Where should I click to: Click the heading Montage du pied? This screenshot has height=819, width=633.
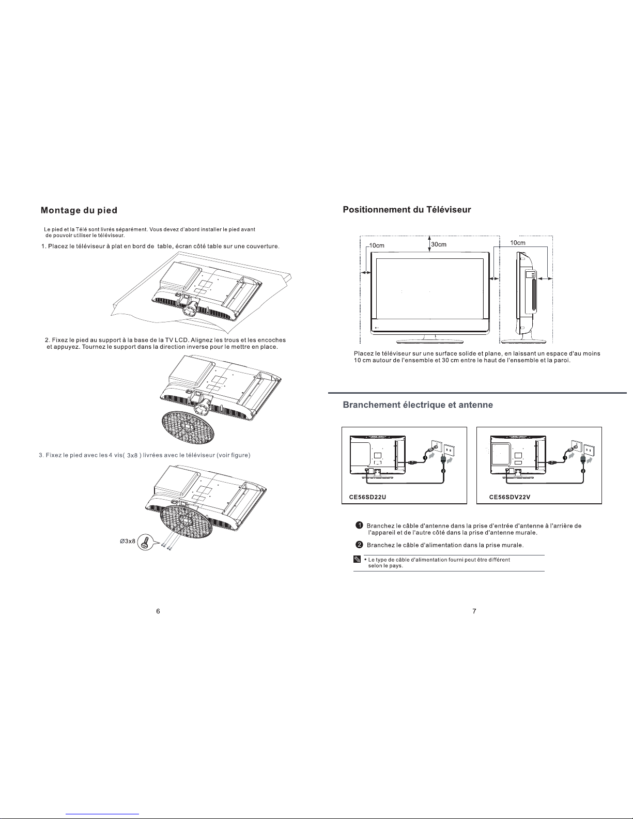(x=79, y=210)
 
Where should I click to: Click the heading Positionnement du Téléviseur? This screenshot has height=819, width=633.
(x=407, y=210)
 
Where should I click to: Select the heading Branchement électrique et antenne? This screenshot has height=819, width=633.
(x=418, y=405)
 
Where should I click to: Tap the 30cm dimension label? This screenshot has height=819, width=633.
(x=439, y=244)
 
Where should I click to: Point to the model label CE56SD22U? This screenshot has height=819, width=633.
(x=367, y=497)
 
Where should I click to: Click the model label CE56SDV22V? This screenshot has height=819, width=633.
(x=510, y=497)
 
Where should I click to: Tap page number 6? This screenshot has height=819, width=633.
(x=158, y=611)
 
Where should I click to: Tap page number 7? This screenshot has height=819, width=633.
(x=474, y=611)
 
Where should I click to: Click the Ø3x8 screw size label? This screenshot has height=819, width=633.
(x=127, y=541)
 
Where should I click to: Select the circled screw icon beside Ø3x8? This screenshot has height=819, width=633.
(x=145, y=542)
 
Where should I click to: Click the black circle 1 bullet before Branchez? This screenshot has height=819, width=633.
(x=360, y=526)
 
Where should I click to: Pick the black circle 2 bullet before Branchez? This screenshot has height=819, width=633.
(x=360, y=545)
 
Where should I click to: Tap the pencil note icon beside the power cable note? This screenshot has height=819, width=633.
(x=357, y=559)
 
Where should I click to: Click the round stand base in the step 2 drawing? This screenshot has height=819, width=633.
(x=188, y=427)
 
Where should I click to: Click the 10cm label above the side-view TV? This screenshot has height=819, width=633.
(x=518, y=243)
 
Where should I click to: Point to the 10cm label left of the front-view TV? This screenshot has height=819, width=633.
(x=377, y=245)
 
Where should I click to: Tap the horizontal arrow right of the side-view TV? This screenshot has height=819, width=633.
(x=545, y=279)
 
